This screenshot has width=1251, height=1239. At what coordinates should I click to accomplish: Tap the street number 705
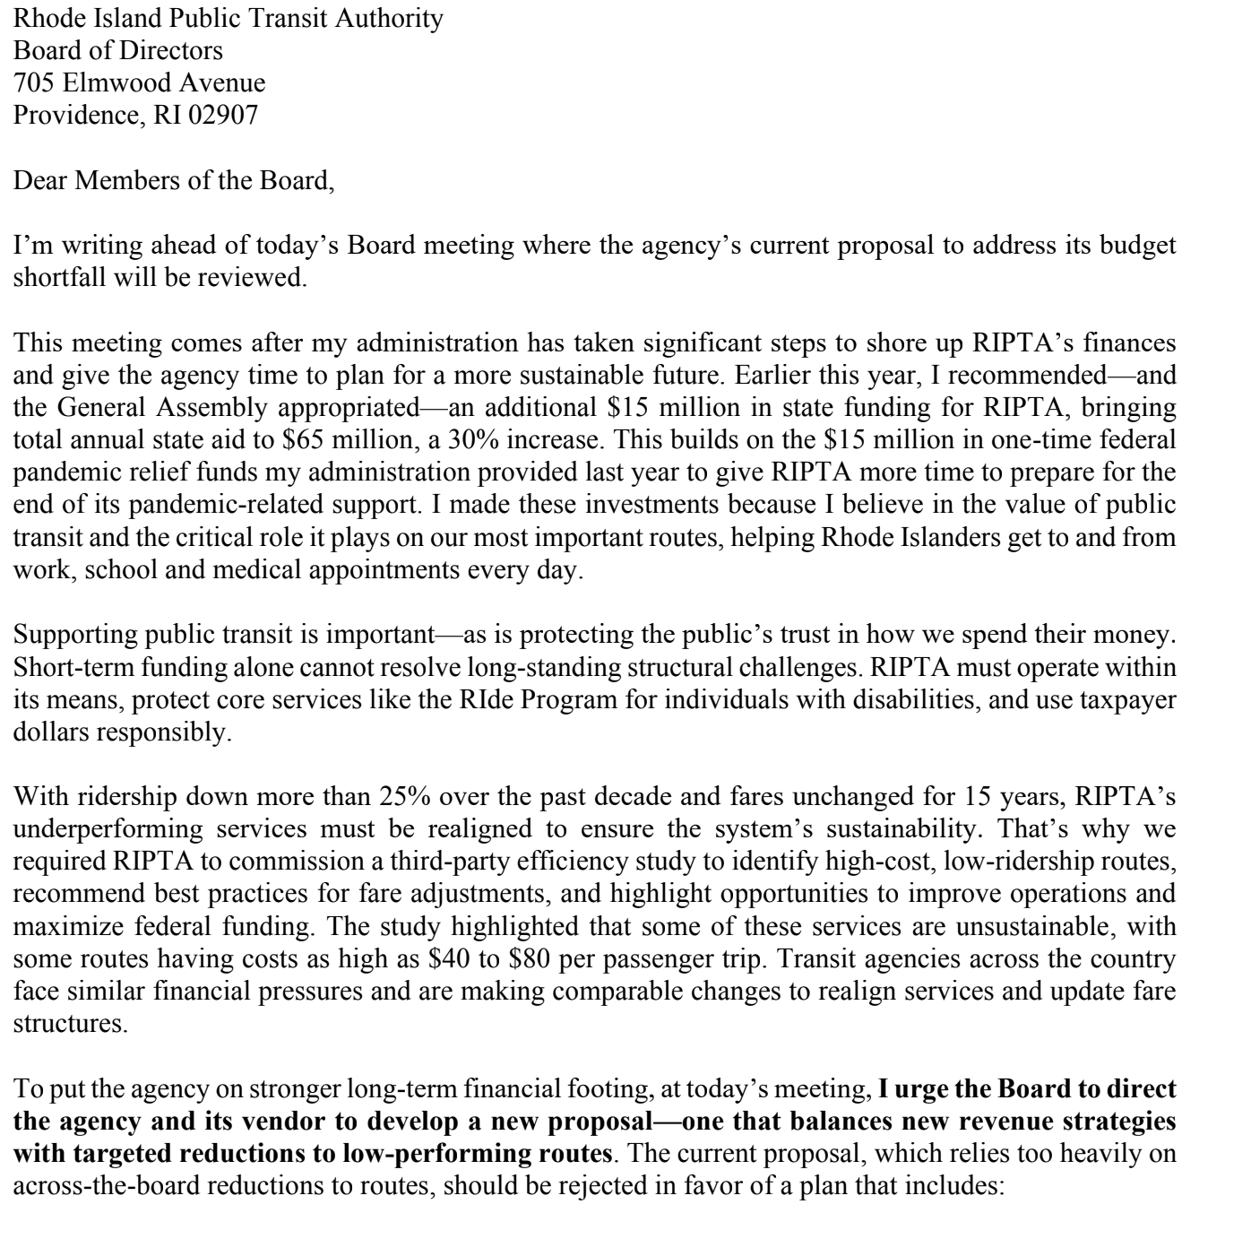point(32,82)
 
